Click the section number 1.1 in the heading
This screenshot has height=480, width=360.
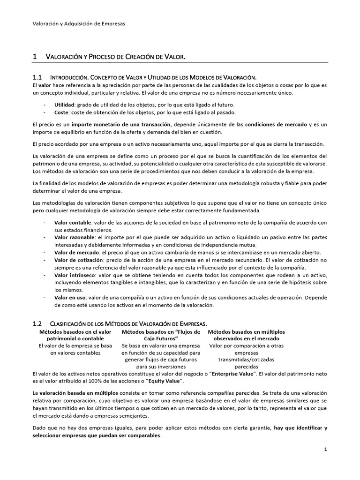pos(37,77)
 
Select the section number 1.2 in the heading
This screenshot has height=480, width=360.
pos(37,323)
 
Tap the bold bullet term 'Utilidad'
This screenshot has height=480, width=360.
pos(64,105)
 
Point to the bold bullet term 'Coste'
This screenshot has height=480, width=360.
pos(62,112)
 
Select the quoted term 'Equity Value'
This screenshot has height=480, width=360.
pos(164,382)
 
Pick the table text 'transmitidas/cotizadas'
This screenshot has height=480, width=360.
pos(246,360)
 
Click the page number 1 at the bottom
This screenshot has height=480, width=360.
pos(325,450)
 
